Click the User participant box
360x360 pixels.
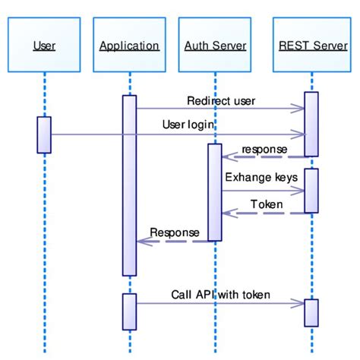44,46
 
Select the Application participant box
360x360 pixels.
129,46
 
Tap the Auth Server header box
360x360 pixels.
215,46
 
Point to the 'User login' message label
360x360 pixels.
188,124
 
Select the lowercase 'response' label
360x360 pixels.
264,149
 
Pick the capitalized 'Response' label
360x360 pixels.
174,232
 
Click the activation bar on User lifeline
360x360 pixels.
44,134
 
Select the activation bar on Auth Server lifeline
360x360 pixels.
215,192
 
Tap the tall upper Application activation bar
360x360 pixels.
129,185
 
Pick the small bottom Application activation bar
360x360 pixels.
129,311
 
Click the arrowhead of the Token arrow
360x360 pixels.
229,213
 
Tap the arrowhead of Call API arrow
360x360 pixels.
299,304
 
